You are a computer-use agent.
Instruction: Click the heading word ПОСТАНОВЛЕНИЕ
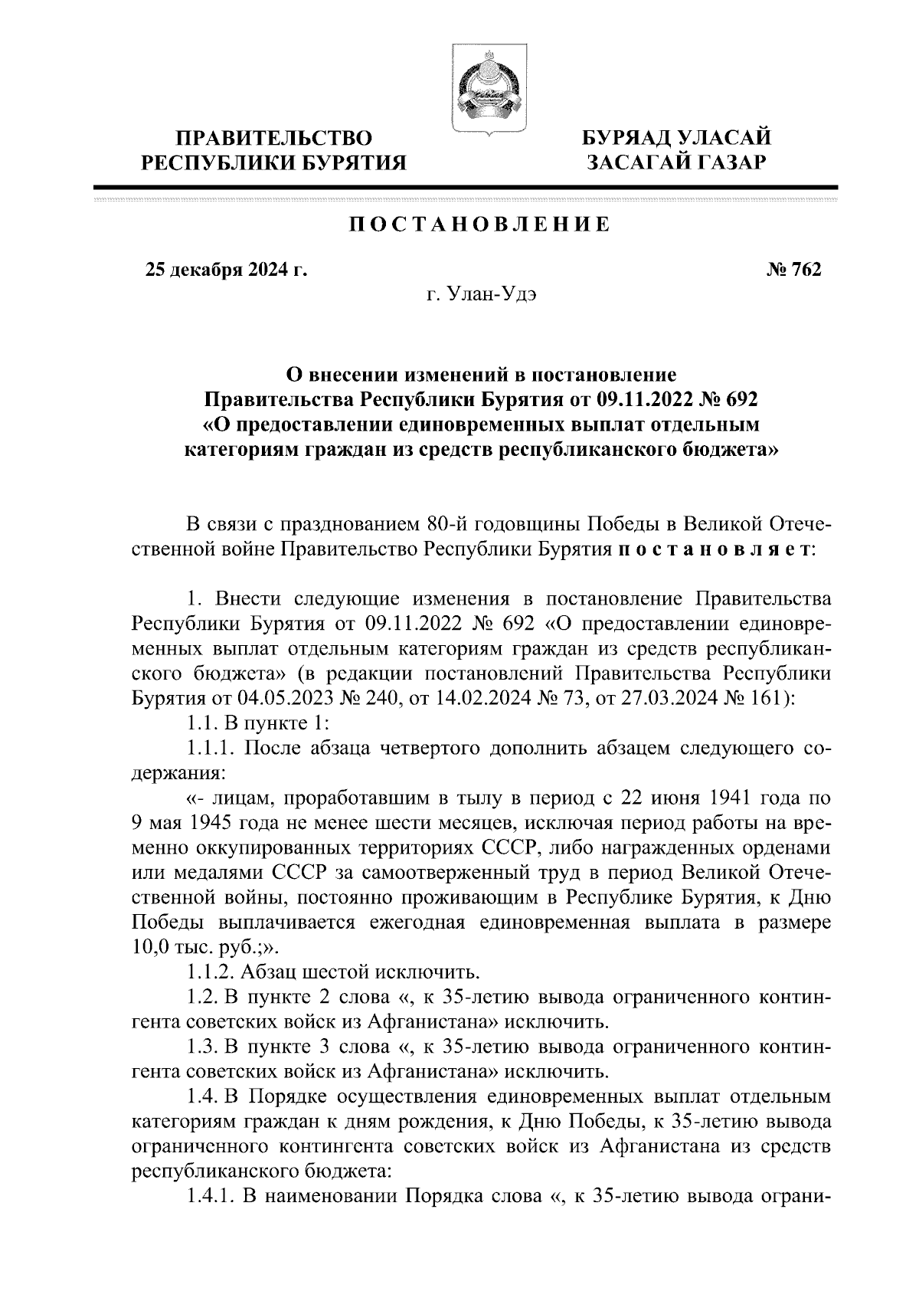480,225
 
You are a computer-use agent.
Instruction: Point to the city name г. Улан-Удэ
482,296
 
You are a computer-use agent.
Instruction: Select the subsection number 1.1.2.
211,973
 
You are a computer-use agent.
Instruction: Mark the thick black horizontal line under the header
465,187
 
